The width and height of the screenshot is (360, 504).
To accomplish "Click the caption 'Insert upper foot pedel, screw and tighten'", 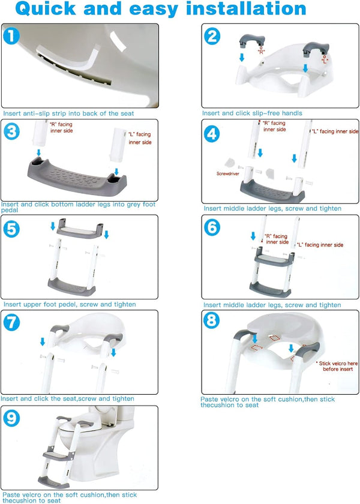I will click(68, 304).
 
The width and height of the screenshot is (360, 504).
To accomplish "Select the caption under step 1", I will click(69, 113).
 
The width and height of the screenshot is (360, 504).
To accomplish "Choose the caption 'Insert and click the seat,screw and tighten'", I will click(67, 398).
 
